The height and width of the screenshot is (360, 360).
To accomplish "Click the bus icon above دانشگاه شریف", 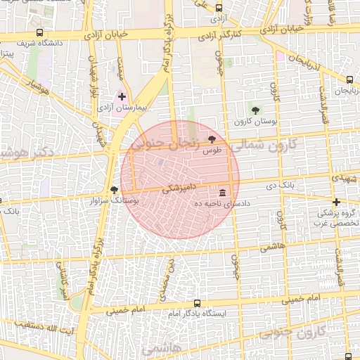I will point(39,32).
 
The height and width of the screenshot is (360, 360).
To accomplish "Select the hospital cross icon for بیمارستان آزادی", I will point(122,96).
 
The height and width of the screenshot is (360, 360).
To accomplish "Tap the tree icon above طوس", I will point(212,139).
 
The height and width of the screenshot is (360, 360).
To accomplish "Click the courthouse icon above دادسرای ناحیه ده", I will point(222,193).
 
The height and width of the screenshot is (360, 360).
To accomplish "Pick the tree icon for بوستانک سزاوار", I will point(114,190).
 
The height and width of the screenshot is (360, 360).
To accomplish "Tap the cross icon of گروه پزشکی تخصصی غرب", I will point(337,202).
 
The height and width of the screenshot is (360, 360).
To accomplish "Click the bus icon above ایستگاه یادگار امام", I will point(197,304).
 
